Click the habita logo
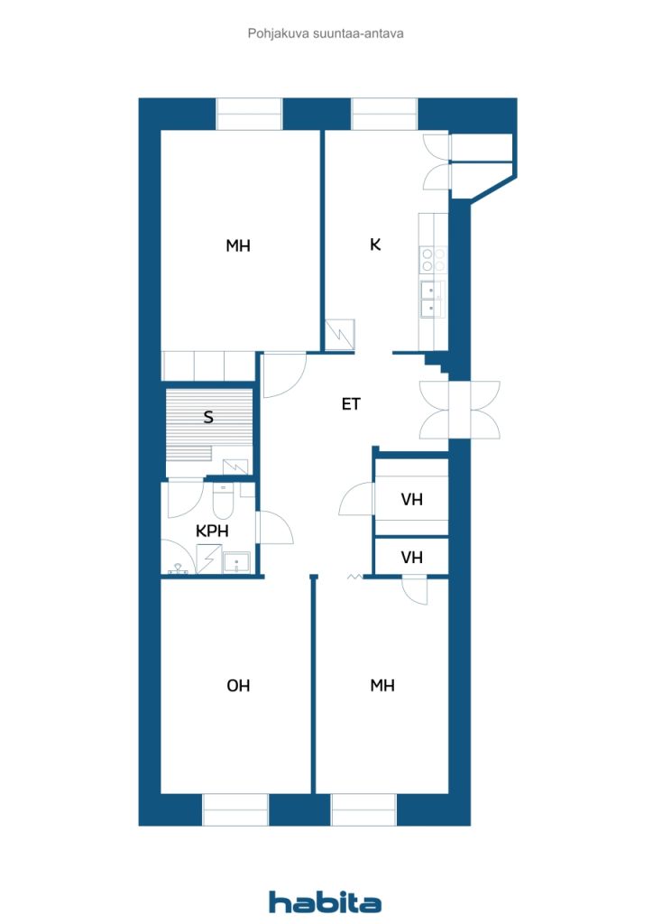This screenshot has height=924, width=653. coord(325,902)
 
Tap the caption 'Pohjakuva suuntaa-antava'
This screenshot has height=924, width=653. coord(326,33)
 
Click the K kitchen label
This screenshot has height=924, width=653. coord(375,245)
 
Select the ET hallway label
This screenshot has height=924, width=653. coord(351,403)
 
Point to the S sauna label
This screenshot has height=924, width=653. coord(207,417)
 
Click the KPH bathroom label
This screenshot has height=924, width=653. coord(212,531)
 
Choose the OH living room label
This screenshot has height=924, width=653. coord(238,686)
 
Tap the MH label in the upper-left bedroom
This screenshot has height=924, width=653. coord(238,245)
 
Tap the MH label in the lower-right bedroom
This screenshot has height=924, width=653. coord(382,686)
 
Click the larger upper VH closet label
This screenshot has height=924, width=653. coord(411,500)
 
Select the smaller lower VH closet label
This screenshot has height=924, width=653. coord(411,557)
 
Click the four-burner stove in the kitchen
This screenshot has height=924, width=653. coord(433,260)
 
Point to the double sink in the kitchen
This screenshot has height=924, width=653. coord(431,299)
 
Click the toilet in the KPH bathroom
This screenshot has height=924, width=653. coord(223,501)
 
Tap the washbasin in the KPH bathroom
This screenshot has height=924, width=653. coord(236,563)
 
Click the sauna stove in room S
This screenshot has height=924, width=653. coord(236,467)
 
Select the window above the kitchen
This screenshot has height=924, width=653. coord(384,115)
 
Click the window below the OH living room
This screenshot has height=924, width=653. coord(235,809)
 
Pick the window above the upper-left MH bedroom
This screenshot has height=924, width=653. coord(250,115)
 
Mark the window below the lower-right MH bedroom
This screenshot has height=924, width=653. coord(363,809)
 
